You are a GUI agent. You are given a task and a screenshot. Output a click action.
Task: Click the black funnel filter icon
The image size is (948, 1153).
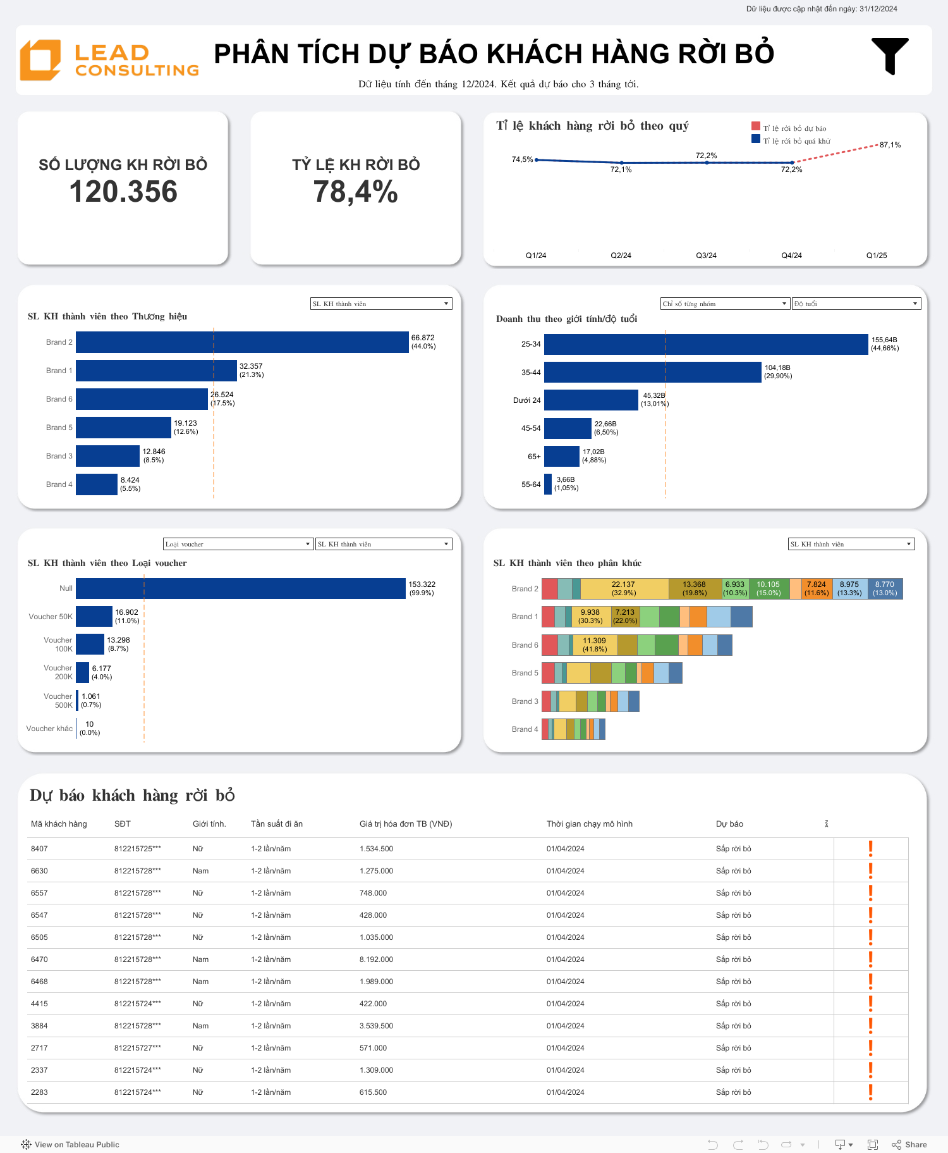point(890,56)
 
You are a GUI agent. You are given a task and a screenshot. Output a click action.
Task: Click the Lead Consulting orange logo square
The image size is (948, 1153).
point(40,60)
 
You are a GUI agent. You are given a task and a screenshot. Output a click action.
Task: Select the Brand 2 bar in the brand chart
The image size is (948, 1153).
point(242,342)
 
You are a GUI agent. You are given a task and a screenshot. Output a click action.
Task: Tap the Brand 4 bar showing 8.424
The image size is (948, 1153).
point(97,484)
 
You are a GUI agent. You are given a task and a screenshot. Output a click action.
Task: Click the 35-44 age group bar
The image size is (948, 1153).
point(652,373)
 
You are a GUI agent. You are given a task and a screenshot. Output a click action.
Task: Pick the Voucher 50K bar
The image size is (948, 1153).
point(94,616)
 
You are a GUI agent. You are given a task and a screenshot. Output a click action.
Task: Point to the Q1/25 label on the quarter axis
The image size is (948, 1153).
point(877,256)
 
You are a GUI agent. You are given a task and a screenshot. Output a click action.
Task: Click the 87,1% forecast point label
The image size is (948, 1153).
point(890,145)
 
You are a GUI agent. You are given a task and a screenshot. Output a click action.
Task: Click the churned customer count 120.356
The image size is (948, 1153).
point(123,192)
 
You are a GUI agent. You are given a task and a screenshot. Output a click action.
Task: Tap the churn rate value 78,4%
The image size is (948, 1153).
point(356,192)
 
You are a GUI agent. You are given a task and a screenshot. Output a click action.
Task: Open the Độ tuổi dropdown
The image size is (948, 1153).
point(856,304)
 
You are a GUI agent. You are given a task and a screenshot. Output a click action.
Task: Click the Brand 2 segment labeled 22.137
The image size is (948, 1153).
point(624,589)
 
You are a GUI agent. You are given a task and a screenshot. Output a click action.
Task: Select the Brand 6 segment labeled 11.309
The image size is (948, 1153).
point(595,645)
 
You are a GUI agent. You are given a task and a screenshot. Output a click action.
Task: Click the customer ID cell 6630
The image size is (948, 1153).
point(39,871)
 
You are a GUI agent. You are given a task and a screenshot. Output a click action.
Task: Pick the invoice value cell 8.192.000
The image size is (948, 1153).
point(376,959)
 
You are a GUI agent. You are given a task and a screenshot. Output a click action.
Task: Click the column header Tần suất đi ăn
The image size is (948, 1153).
point(277,823)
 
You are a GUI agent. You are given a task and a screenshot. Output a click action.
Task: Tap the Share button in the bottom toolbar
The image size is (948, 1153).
point(909,1145)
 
